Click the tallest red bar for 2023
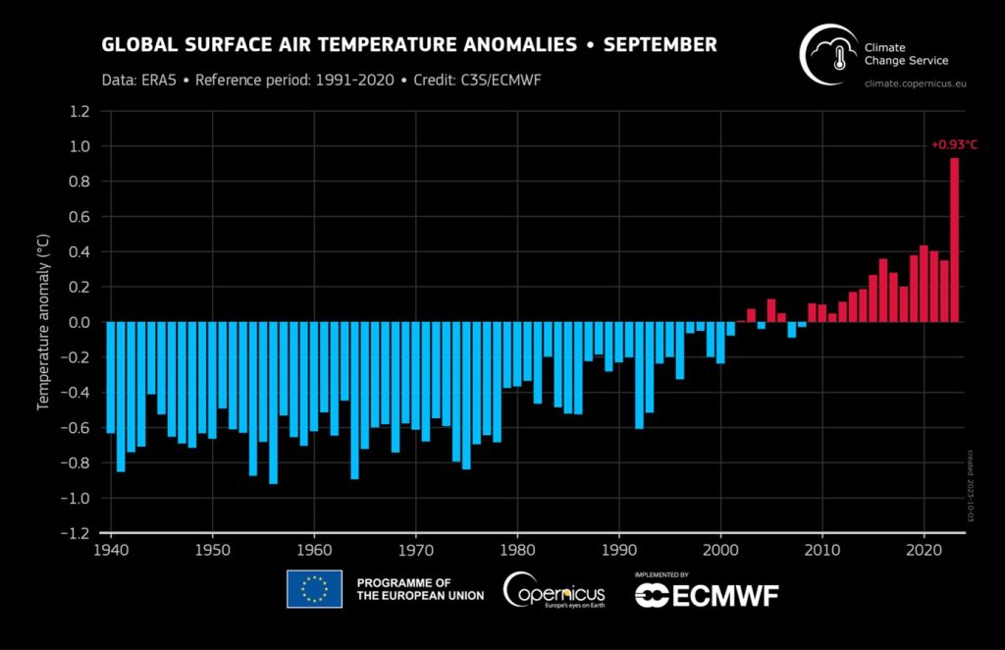point(954,240)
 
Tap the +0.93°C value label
point(954,145)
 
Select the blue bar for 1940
point(110,377)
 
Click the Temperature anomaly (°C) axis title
point(44,321)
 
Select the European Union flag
point(314,589)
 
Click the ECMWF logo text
point(708,594)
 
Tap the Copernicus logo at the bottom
point(555,590)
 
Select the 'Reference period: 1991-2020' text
point(294,80)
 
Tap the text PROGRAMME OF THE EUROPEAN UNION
point(420,589)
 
